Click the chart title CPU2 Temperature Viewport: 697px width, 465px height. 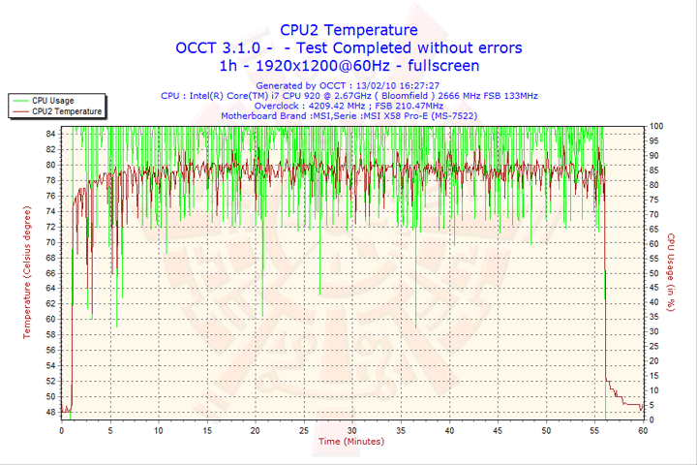pos(348,30)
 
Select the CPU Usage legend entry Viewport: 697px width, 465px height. pos(52,101)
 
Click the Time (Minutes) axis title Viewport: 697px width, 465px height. pos(350,441)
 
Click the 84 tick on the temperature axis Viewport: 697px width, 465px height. pos(51,134)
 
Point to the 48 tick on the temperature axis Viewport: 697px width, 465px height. pos(51,412)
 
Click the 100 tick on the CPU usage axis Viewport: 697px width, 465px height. pos(656,126)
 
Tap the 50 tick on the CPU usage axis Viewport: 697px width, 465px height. pos(654,273)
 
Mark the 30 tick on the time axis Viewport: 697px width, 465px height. pos(351,430)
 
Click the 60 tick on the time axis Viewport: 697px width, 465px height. pos(642,430)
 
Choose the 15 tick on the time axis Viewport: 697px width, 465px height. pos(206,430)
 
